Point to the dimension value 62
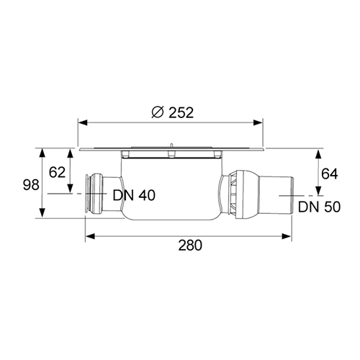click(57, 172)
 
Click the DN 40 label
click(133, 195)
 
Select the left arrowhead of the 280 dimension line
click(89, 234)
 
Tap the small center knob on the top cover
click(171, 150)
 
